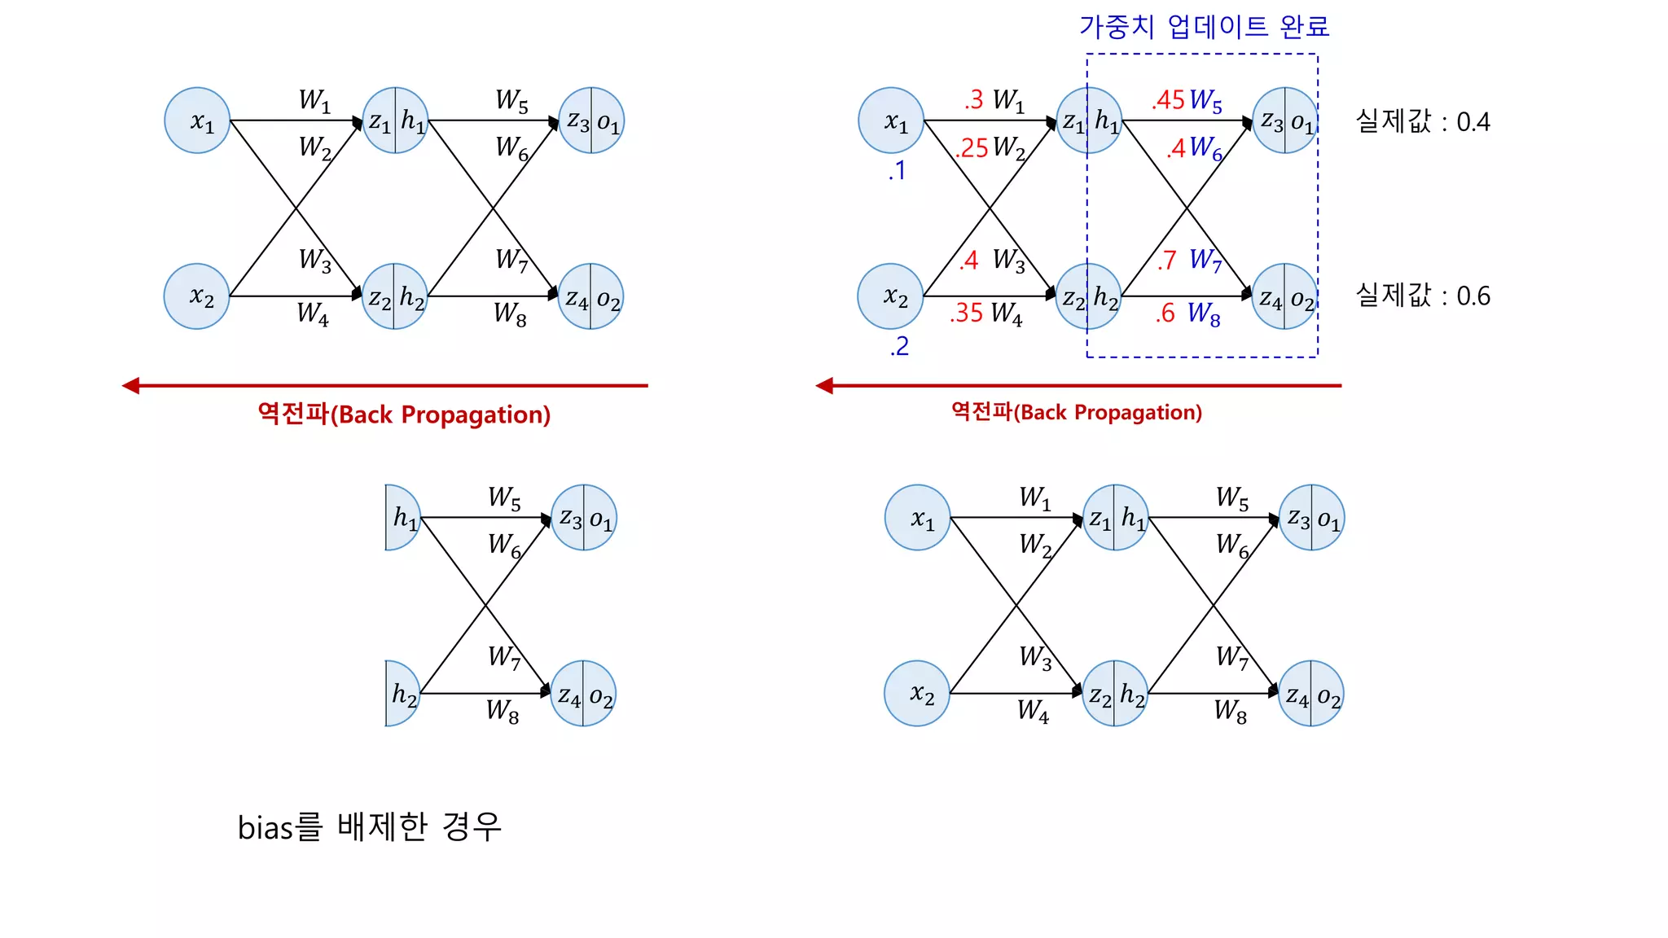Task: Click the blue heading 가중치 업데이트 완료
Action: tap(1204, 27)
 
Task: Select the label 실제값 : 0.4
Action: tap(1422, 121)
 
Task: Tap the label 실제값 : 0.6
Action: tap(1422, 296)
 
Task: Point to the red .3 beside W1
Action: tap(973, 100)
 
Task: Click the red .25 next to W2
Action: tap(972, 148)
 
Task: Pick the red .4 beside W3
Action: tap(968, 261)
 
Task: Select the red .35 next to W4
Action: tap(966, 313)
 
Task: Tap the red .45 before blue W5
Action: tap(1169, 100)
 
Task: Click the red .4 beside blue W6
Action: tap(1176, 148)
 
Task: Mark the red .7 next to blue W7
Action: tap(1166, 261)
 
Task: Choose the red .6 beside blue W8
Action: tap(1165, 313)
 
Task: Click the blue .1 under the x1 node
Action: tap(897, 171)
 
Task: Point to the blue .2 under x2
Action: tap(899, 347)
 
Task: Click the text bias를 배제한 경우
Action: tap(369, 827)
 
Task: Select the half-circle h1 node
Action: tap(402, 518)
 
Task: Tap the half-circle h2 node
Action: tap(402, 694)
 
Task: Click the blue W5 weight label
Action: tap(1206, 101)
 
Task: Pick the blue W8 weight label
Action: tap(1204, 313)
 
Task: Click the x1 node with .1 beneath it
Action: tap(891, 121)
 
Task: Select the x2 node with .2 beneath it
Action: tap(890, 296)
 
